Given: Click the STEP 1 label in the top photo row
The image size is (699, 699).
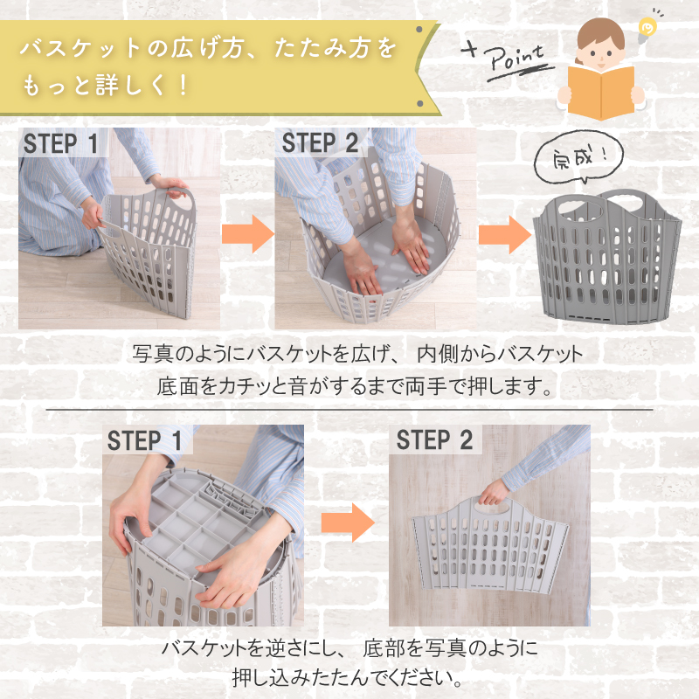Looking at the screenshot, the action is click(60, 143).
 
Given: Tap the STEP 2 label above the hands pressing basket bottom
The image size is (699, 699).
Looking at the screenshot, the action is click(320, 143).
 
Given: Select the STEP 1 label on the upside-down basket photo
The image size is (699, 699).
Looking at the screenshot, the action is click(145, 440).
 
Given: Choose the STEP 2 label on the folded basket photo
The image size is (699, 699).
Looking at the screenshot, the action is click(434, 440).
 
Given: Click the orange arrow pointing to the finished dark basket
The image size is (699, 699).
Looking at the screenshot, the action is click(505, 234).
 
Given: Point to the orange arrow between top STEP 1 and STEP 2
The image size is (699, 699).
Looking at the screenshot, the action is click(248, 234).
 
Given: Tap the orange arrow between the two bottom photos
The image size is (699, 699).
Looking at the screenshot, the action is click(348, 523).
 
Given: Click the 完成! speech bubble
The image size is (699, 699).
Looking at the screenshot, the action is click(578, 157).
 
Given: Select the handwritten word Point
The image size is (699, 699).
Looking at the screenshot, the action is click(514, 58).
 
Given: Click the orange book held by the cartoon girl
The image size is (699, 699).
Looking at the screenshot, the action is click(600, 93).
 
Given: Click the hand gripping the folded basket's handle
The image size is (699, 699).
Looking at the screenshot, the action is click(494, 493).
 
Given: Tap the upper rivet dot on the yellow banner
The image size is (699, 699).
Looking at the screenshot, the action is click(419, 30).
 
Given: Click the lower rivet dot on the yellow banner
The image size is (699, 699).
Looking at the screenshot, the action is click(419, 103).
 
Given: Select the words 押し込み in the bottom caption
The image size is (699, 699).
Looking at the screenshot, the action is click(272, 678).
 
